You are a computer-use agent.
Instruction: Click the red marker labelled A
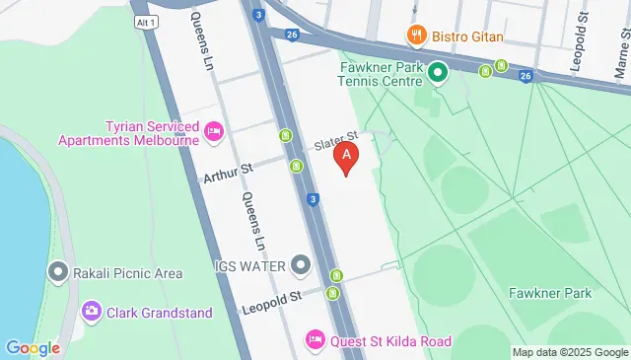click(x=346, y=157)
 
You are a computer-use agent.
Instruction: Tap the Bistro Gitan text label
click(x=468, y=36)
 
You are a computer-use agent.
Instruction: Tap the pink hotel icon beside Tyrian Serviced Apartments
click(x=213, y=131)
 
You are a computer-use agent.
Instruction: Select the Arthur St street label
click(x=228, y=174)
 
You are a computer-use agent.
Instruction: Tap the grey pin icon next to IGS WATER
click(x=301, y=265)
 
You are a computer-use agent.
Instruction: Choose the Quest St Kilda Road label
click(x=390, y=341)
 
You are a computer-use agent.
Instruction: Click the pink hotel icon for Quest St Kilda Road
click(x=315, y=340)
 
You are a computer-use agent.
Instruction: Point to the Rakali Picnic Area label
click(x=115, y=273)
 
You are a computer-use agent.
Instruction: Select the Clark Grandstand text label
click(x=160, y=313)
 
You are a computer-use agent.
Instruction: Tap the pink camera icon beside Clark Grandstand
click(x=92, y=312)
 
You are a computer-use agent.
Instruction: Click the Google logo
click(x=33, y=347)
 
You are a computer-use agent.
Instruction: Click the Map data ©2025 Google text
click(x=569, y=352)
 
